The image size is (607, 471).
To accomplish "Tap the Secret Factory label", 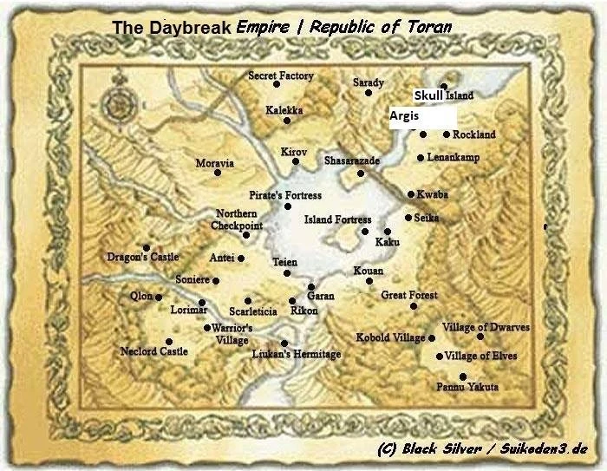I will point(280,75).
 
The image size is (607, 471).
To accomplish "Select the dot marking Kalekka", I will point(287,121).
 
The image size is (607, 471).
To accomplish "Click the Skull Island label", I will point(442,95).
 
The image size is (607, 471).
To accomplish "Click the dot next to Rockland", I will point(447,134).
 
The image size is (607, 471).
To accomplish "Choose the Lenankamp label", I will point(453,158).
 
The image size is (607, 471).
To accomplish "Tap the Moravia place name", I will point(214,163).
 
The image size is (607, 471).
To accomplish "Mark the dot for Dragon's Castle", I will point(147,247).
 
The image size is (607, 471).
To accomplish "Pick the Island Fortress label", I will point(337,219).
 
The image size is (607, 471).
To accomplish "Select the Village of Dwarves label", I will point(486,327).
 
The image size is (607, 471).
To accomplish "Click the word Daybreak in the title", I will point(186,27).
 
